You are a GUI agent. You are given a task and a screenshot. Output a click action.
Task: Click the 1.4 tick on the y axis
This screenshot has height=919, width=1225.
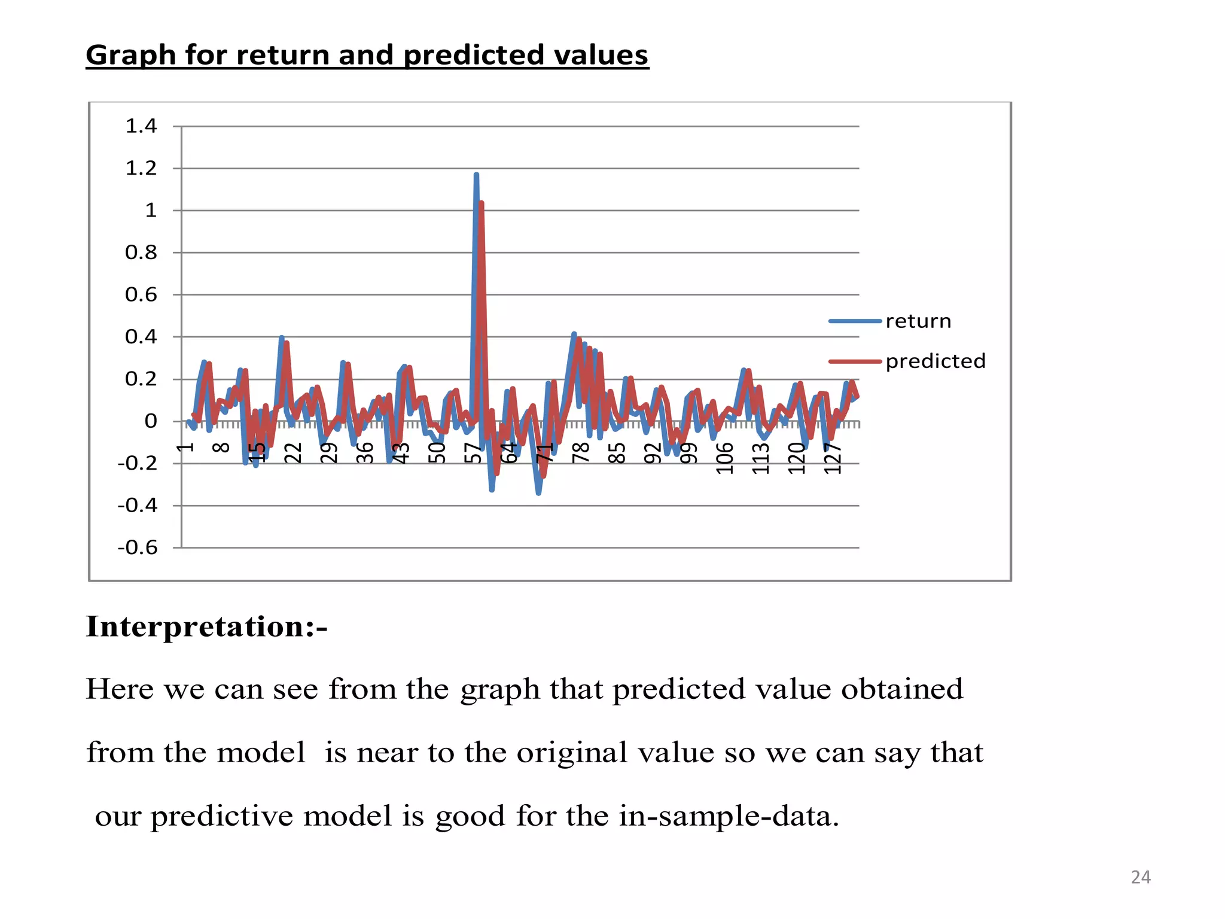pyautogui.click(x=141, y=126)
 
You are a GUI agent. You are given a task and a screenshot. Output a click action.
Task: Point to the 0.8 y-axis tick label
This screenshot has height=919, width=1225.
pyautogui.click(x=141, y=252)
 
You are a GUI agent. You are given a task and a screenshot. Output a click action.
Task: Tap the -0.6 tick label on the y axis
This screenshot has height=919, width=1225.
pyautogui.click(x=138, y=547)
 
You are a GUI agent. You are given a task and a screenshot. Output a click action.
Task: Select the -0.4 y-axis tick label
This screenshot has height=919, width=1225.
pyautogui.click(x=138, y=506)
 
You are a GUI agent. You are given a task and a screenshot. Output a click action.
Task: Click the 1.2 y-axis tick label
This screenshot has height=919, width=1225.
pyautogui.click(x=141, y=168)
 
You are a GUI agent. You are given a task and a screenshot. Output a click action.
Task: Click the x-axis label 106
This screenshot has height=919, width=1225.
pyautogui.click(x=725, y=458)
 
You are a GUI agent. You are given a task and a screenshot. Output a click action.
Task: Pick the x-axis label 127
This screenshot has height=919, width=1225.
pyautogui.click(x=833, y=458)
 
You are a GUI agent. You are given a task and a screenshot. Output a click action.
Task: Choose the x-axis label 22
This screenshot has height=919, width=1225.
pyautogui.click(x=293, y=453)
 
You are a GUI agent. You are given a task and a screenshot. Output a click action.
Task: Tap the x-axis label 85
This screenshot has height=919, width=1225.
pyautogui.click(x=617, y=453)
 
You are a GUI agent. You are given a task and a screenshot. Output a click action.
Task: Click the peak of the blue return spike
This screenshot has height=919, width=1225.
pyautogui.click(x=476, y=175)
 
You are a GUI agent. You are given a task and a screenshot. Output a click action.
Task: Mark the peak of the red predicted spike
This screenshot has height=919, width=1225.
pyautogui.click(x=482, y=203)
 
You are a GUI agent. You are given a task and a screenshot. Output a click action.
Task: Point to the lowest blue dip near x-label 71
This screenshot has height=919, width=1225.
pyautogui.click(x=538, y=493)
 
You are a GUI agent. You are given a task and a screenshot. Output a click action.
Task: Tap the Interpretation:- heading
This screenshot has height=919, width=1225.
pyautogui.click(x=206, y=627)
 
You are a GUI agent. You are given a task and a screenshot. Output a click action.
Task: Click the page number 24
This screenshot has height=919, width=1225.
pyautogui.click(x=1141, y=877)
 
